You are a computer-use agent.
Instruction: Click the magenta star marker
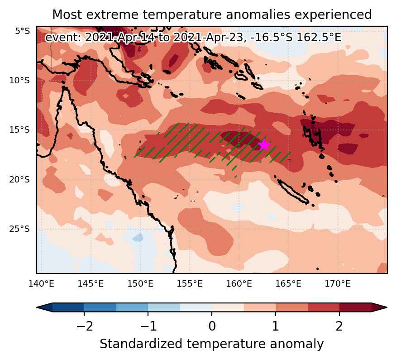(x=264, y=145)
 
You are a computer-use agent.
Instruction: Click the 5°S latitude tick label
(x=23, y=31)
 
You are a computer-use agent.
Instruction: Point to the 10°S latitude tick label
(x=19, y=81)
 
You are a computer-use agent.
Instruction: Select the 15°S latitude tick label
(x=19, y=130)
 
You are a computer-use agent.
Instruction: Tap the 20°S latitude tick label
(x=19, y=180)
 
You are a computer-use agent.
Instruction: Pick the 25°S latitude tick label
(x=19, y=229)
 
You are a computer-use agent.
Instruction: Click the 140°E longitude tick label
(x=41, y=284)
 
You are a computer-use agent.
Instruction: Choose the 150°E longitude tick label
(x=140, y=284)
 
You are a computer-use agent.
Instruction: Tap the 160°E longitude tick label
(x=239, y=284)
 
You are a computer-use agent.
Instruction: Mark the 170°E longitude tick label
(x=338, y=284)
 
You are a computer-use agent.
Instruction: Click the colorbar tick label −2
(x=84, y=326)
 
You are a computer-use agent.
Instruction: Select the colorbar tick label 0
(x=212, y=326)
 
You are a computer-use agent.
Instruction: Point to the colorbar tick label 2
(x=339, y=326)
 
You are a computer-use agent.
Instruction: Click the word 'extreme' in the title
(x=112, y=14)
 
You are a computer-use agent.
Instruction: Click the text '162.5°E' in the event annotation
(x=319, y=38)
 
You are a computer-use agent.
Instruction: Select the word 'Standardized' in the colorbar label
(x=141, y=344)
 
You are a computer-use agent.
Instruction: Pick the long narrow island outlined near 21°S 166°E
(x=293, y=191)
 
